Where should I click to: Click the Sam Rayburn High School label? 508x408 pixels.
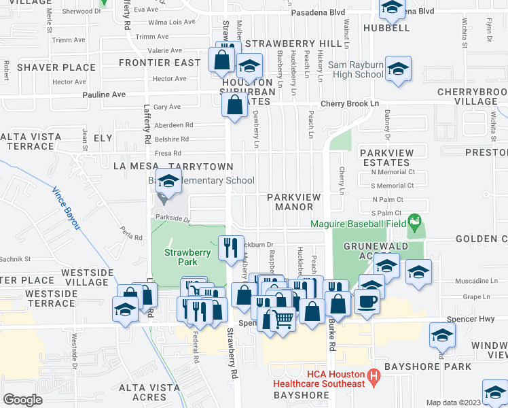pos(346,69)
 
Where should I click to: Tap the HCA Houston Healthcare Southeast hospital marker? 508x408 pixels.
pos(372,375)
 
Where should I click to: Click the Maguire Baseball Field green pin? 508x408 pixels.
pos(415,222)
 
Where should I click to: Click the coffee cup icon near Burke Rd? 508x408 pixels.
pos(367,302)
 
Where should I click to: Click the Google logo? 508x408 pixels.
pos(22,399)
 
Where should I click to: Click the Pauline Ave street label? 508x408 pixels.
pos(105,95)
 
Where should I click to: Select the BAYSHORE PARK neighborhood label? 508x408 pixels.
pos(427,367)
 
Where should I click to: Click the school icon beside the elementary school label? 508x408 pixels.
pos(168,182)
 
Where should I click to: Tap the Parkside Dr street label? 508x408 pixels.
pos(172,218)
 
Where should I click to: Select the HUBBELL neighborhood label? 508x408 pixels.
pos(386,29)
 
